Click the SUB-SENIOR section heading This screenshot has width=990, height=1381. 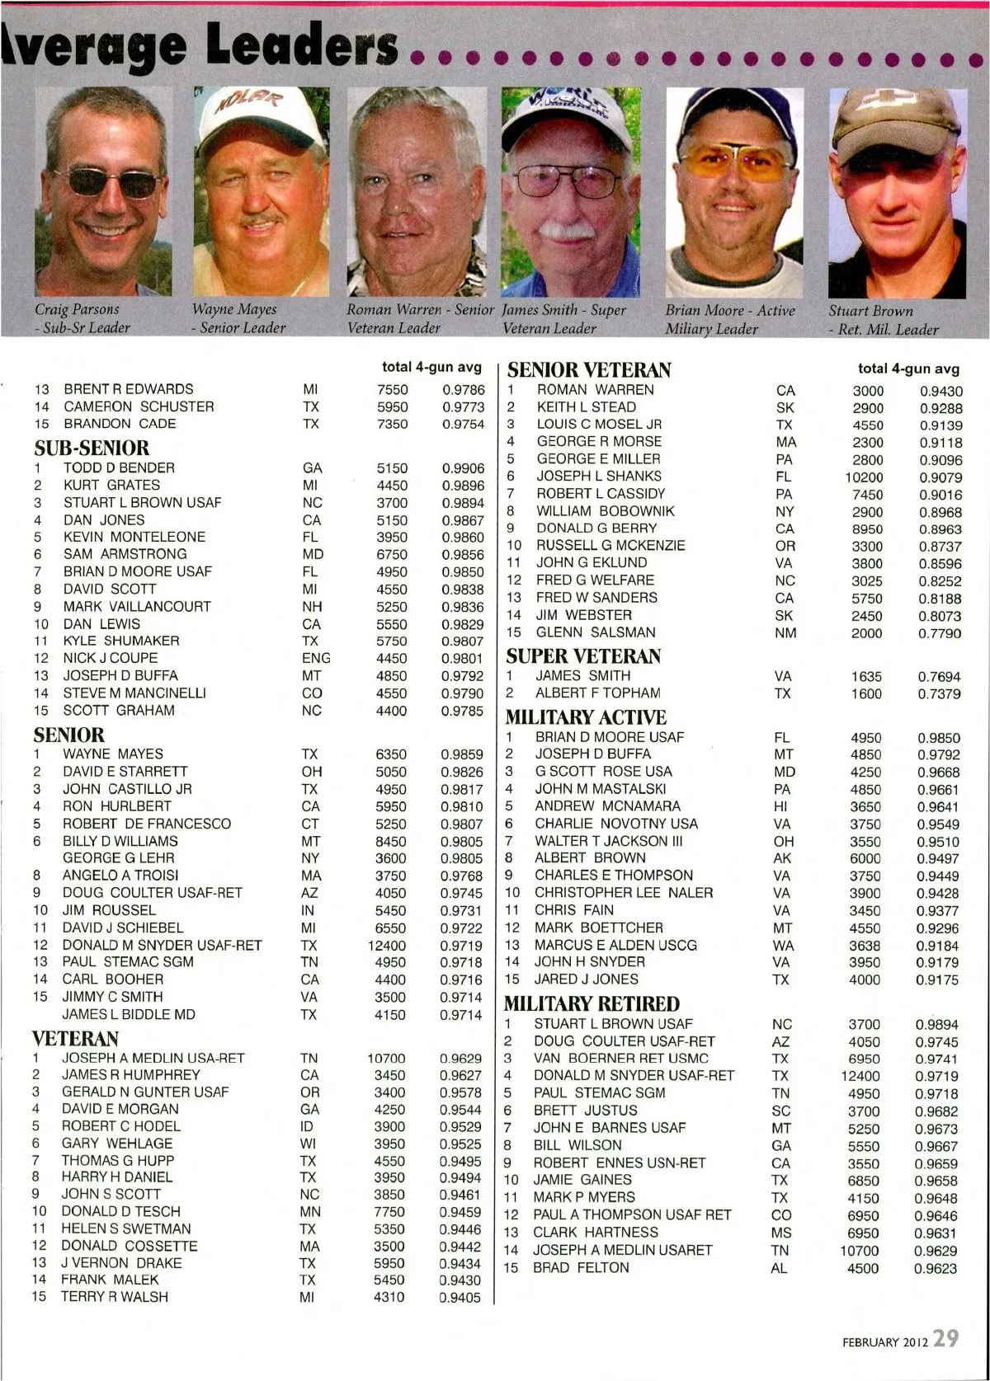coord(92,448)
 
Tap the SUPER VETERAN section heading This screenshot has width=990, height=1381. coord(583,656)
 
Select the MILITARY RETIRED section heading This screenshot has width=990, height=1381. coord(592,1003)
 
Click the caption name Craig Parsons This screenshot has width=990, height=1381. coord(77,310)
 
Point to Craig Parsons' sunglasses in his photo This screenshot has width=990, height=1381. coord(98,181)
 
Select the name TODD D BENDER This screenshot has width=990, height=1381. coord(119,467)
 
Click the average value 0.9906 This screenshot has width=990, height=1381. coord(463,467)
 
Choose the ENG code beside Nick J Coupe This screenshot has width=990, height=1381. coord(316,658)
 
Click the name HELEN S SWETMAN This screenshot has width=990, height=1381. coord(126,1228)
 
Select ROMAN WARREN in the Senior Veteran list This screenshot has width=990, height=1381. coord(595,389)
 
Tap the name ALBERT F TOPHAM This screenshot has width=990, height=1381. coord(598,693)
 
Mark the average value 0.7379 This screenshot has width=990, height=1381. coord(940,694)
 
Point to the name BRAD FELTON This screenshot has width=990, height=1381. coord(581,1267)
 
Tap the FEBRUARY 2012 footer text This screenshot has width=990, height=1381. coord(884,1341)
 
